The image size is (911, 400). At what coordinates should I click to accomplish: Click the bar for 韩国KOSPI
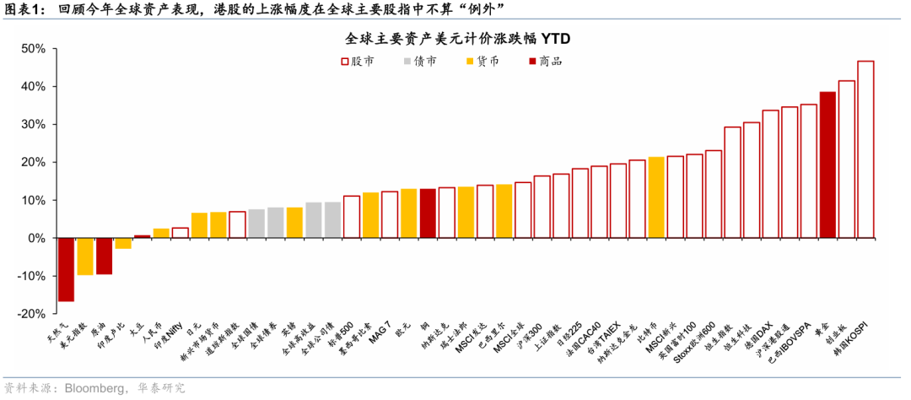[865, 149]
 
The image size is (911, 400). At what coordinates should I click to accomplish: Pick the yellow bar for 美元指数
[85, 257]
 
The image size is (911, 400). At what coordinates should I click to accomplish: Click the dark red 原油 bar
[104, 256]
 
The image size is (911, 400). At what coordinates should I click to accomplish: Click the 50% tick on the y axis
[33, 49]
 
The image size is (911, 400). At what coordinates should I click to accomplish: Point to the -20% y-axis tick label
[30, 314]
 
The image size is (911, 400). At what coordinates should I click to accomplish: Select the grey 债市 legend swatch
[408, 61]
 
